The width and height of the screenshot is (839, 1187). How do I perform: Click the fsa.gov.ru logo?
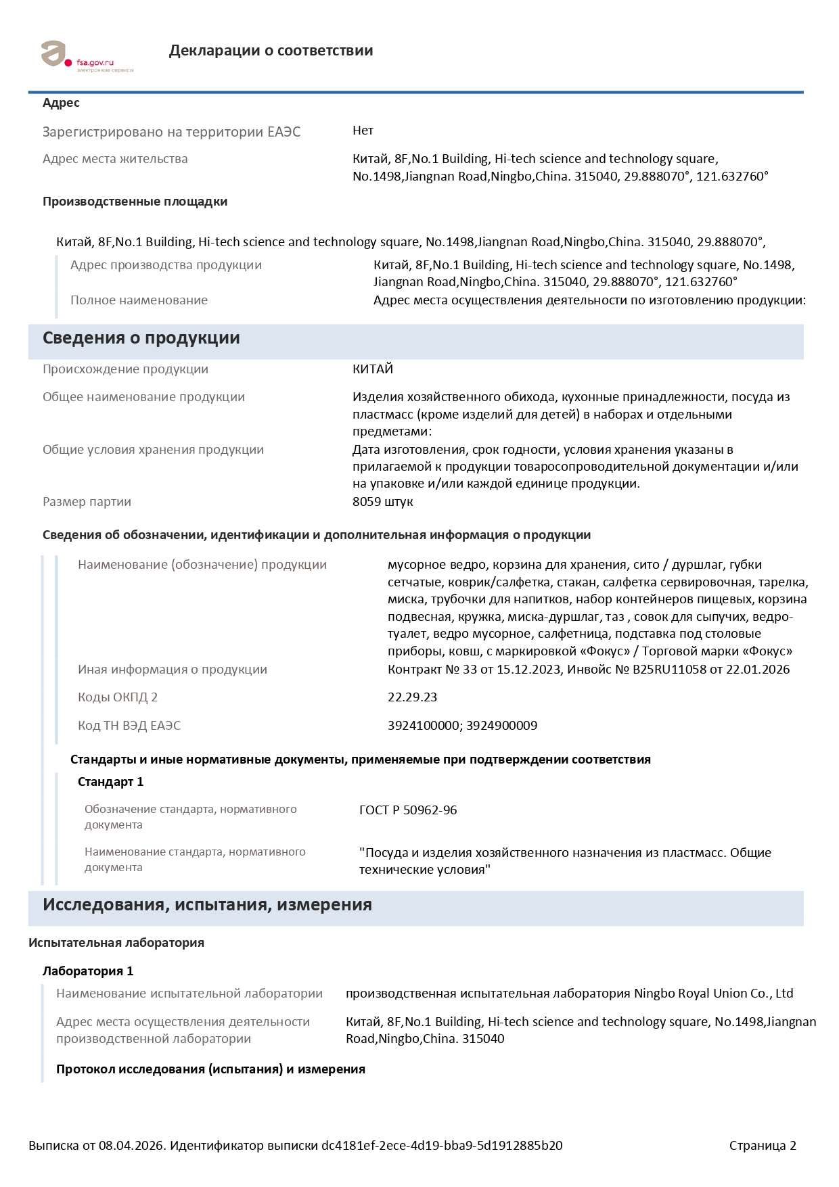point(87,56)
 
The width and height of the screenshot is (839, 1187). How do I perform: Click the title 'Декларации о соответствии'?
point(271,51)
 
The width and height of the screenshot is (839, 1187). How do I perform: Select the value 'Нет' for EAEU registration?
point(363,131)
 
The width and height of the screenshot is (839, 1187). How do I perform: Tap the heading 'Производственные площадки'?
point(135,202)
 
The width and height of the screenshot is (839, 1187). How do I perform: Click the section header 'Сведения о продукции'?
point(141,338)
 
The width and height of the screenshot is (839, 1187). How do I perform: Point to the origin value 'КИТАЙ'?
point(373,369)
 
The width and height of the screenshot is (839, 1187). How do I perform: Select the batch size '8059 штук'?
point(382,502)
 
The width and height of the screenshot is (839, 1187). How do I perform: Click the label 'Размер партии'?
point(87,502)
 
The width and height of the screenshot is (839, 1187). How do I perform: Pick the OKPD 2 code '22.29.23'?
point(412,697)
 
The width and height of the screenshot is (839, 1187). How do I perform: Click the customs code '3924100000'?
point(424,726)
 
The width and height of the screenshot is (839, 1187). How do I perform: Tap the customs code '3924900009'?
point(502,726)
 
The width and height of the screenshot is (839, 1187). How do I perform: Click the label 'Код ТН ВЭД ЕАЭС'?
point(129,726)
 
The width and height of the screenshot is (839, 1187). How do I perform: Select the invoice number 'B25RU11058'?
point(668,670)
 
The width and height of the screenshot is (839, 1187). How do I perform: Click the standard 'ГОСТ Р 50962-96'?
point(408,810)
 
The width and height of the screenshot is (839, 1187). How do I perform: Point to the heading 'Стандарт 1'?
point(110,782)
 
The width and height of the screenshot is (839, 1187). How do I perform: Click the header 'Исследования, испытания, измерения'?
point(207,905)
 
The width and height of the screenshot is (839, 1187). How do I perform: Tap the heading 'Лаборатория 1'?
point(88,971)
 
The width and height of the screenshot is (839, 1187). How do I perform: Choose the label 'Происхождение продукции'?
point(125,369)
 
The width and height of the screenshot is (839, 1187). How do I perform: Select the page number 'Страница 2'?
point(763,1146)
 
